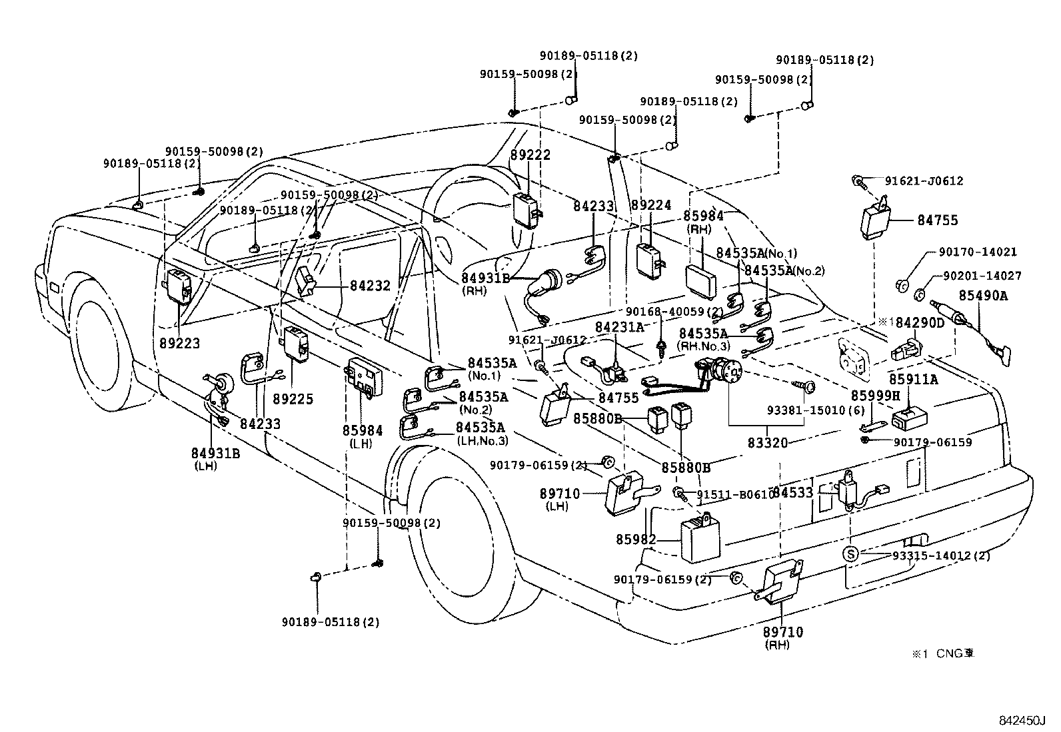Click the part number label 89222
530,155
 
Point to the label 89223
180,344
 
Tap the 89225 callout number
293,399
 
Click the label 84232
370,286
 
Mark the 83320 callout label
766,442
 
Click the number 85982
636,540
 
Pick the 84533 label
793,493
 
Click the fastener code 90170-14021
978,252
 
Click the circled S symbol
850,553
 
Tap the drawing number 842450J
1022,720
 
